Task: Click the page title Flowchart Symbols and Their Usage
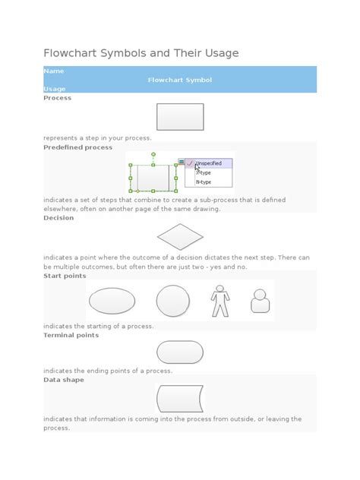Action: (141, 52)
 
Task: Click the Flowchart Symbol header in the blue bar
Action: (179, 80)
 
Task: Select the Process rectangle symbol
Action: (180, 118)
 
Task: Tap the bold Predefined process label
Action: (77, 147)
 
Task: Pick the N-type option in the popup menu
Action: (204, 182)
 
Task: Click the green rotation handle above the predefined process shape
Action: (153, 154)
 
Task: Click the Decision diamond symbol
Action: (180, 237)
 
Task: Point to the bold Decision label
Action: (58, 218)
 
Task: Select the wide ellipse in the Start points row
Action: (112, 301)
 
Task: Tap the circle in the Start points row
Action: (172, 301)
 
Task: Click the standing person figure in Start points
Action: (219, 301)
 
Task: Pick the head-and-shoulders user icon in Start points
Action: (260, 302)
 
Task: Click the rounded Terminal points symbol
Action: (180, 352)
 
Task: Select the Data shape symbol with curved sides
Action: (180, 399)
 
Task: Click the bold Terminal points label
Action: (71, 335)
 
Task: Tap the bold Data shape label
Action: (64, 380)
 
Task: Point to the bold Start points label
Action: (65, 276)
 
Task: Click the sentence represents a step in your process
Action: (97, 138)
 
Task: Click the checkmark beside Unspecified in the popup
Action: (190, 163)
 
